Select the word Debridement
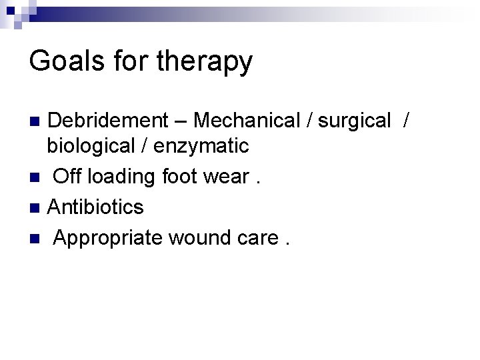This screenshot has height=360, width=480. [108, 121]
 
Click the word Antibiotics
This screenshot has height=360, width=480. [96, 207]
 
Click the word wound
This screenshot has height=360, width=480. [206, 237]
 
